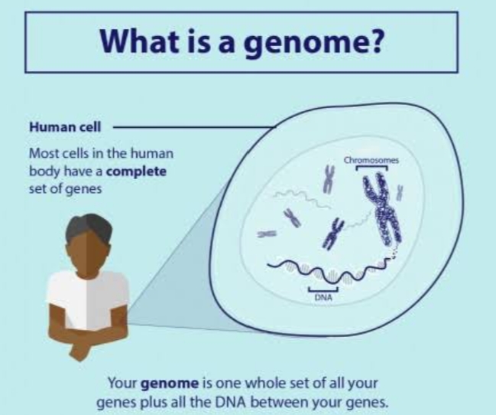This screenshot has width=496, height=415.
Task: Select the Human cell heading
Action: (65, 127)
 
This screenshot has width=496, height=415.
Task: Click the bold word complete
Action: (136, 172)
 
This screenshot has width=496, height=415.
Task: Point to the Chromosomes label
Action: (371, 160)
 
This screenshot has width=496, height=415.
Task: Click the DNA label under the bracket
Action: (323, 297)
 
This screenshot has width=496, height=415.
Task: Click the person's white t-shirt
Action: (88, 299)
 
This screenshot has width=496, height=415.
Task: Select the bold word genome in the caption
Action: (170, 384)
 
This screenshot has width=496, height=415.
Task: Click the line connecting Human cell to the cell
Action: (194, 127)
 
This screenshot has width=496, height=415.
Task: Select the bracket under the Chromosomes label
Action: (371, 168)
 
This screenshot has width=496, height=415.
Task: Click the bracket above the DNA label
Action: (323, 289)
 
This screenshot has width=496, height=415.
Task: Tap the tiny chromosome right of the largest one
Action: (400, 192)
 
